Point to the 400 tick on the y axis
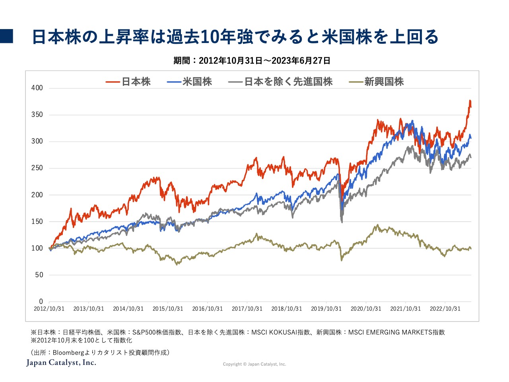point(37,88)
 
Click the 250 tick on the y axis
point(37,168)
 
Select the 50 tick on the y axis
point(39,275)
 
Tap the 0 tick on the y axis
point(41,302)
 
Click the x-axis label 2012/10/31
point(49,309)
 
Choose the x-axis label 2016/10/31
point(207,309)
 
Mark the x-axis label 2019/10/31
point(326,309)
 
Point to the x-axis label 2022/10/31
point(445,309)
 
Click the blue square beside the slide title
point(7,36)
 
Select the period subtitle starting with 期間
point(252,60)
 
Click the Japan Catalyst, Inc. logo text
point(61,363)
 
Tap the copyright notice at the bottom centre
point(254,364)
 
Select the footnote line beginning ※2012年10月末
point(82,340)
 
